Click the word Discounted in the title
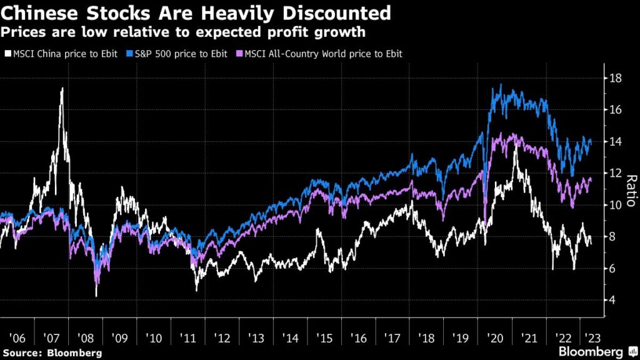[x=336, y=12]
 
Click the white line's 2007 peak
[x=62, y=89]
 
